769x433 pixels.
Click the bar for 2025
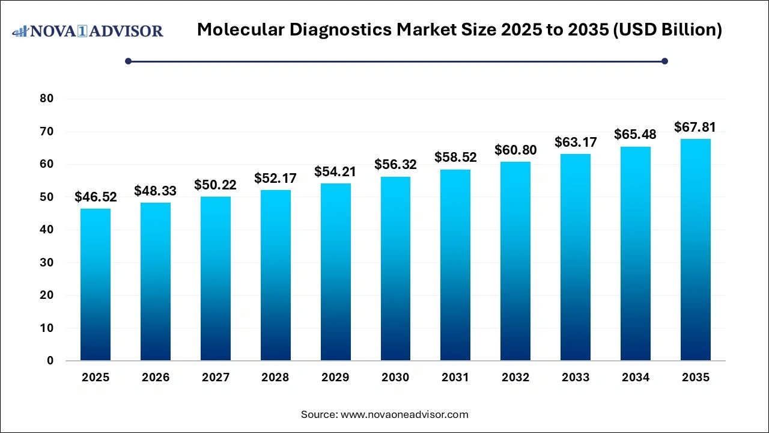click(96, 284)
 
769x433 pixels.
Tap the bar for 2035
click(695, 250)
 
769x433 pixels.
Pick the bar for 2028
click(275, 275)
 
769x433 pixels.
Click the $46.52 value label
click(96, 197)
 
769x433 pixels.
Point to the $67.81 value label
click(695, 127)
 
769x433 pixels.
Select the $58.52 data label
click(455, 158)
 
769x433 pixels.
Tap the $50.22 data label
click(215, 185)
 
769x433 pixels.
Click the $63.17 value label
click(576, 143)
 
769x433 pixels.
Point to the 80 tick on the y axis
click(47, 99)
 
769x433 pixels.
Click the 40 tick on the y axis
click(47, 230)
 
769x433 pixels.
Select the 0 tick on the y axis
click(50, 361)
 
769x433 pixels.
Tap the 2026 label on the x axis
click(156, 378)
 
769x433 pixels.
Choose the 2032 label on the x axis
click(515, 378)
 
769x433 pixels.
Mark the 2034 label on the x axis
click(636, 378)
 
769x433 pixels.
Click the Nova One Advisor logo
click(88, 31)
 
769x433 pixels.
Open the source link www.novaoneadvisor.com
click(404, 414)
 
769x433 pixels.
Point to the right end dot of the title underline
click(664, 61)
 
